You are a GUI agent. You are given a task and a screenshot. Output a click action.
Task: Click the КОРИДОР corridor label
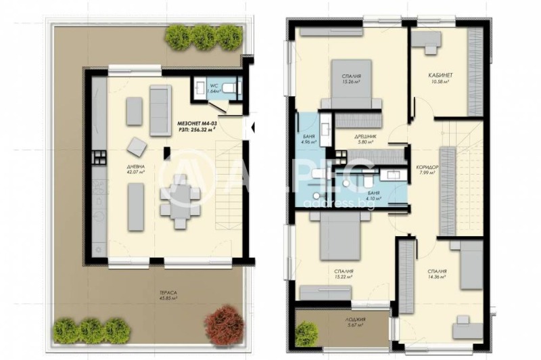pyautogui.click(x=429, y=169)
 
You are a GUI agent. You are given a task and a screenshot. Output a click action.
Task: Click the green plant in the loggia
pyautogui.click(x=306, y=332)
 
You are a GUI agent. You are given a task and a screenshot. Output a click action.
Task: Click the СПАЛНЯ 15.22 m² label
pyautogui.click(x=345, y=273)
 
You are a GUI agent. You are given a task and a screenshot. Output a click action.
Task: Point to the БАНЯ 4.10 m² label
pyautogui.click(x=373, y=195)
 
